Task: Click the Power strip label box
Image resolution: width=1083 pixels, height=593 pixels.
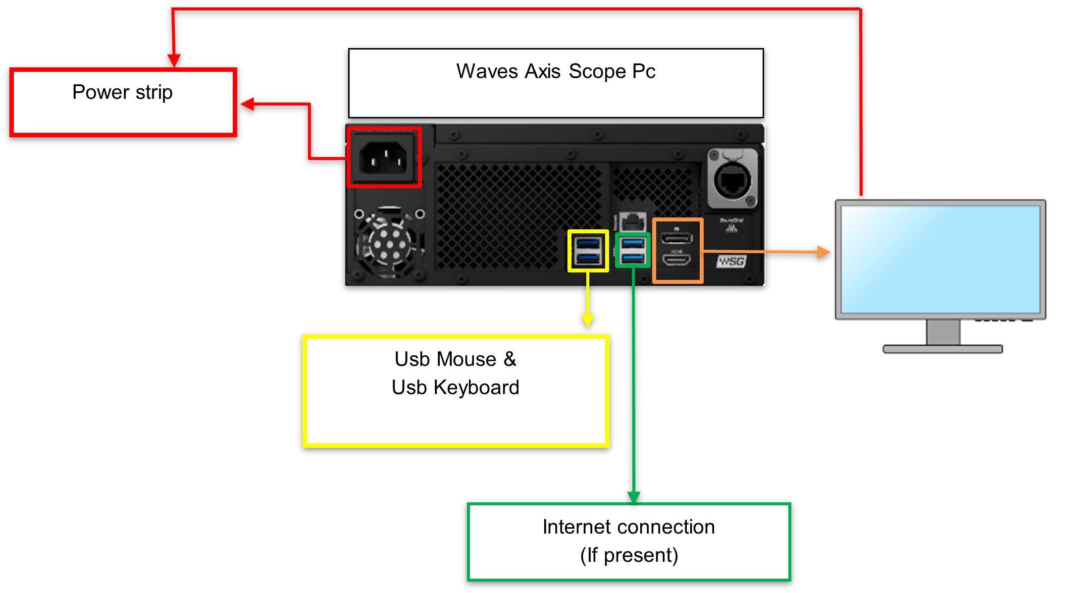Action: point(123,102)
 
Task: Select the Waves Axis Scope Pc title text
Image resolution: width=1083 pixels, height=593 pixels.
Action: point(556,71)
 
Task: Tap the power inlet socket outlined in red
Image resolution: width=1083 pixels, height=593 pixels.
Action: point(384,157)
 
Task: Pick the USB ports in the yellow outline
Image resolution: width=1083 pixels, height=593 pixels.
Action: point(588,251)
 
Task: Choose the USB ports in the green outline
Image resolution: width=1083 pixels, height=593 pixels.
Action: point(632,250)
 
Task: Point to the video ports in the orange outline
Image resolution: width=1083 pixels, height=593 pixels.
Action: point(677,250)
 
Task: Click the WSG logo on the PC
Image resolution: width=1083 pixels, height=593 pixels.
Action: point(731,261)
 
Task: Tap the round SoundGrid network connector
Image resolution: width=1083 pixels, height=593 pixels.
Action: point(732,179)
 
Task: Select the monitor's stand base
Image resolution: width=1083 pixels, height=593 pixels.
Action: point(942,349)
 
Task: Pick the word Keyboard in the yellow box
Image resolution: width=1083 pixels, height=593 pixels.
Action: point(476,387)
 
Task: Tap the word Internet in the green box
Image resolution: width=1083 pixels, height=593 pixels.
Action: point(573,527)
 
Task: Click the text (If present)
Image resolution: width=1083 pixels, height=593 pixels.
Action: point(629,555)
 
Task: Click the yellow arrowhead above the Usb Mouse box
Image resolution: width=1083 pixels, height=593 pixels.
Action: point(588,321)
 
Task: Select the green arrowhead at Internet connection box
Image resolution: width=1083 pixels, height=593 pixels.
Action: point(634,497)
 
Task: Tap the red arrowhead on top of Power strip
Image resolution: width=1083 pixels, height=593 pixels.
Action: point(174,60)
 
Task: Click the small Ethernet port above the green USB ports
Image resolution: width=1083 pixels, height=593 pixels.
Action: point(632,221)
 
